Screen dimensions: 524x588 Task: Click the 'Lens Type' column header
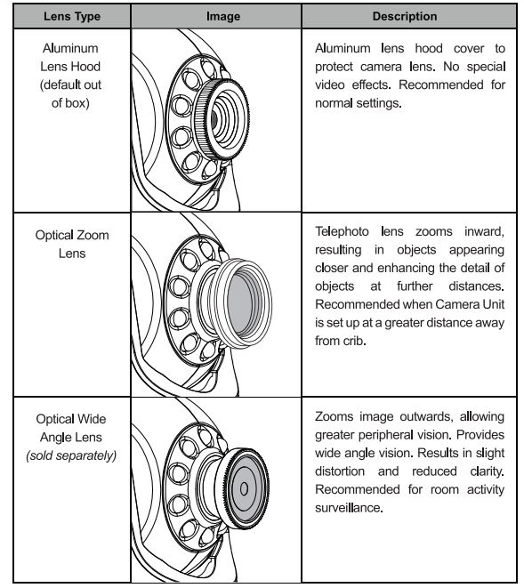coord(72,17)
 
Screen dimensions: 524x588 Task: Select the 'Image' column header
coord(223,17)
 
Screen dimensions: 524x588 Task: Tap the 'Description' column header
coord(405,17)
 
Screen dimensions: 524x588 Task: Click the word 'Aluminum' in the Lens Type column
coord(70,48)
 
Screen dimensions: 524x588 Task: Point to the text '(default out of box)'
coord(70,93)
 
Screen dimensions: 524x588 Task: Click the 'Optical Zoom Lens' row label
coord(72,244)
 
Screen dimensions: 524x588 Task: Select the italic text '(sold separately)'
coord(71,455)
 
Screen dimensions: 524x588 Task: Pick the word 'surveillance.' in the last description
coord(349,508)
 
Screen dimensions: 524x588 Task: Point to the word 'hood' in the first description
coord(429,48)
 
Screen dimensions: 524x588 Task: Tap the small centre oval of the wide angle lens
coord(244,488)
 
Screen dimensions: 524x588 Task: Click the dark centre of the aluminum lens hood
coord(214,119)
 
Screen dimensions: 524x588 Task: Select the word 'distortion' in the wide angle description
coord(340,471)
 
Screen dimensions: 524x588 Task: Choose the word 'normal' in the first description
coord(334,103)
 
